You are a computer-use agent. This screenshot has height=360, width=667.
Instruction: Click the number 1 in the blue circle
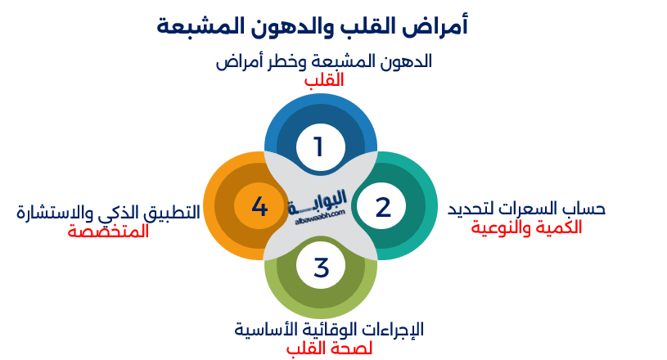319,146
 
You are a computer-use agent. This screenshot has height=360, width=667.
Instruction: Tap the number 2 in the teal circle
383,207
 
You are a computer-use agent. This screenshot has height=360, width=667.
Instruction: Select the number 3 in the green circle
321,267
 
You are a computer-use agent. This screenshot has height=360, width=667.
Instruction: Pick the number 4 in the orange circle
259,207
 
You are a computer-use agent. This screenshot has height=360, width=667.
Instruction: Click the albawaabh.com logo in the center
320,205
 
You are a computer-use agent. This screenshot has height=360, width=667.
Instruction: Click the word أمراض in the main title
443,26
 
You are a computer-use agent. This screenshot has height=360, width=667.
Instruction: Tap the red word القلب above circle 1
323,80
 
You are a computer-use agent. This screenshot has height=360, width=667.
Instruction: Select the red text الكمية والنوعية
526,227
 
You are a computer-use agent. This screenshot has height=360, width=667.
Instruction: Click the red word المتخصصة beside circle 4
108,231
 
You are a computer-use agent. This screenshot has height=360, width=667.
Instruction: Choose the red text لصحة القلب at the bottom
329,349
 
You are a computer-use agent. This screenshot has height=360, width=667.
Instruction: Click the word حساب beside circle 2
584,209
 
